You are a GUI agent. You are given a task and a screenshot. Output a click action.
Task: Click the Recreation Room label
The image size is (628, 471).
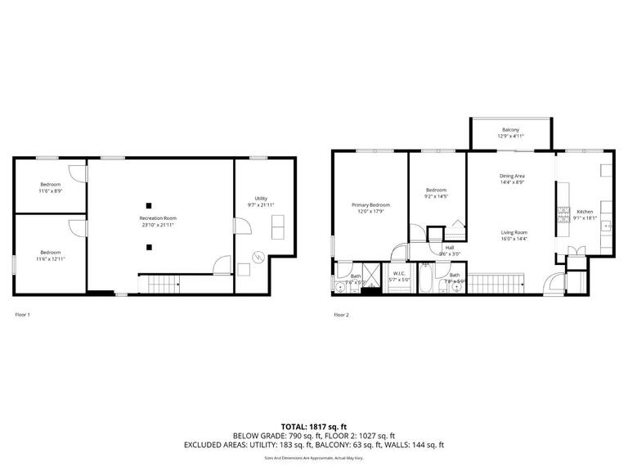pos(158,218)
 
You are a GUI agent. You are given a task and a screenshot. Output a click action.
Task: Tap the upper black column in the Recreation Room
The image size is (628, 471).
pos(149,204)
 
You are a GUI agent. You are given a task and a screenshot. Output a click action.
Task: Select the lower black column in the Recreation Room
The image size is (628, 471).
pos(149,246)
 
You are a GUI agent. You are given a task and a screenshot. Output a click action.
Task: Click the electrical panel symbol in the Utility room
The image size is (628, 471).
pos(258,257)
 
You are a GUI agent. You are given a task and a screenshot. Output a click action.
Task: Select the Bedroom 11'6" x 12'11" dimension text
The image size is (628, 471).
pos(51,258)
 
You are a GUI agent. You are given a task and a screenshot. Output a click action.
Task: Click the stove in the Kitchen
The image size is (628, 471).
pos(563,215)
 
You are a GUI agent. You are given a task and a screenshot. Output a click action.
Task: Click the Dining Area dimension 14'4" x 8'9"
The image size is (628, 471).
pos(513,182)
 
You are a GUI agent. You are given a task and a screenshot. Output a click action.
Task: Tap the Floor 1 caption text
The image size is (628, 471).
pos(23,314)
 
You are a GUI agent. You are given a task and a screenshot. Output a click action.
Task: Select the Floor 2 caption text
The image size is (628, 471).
pos(341,314)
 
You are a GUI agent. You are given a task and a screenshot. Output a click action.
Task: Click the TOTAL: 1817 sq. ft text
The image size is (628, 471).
pos(314,426)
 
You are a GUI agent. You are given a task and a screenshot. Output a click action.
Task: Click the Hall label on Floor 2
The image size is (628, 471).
pos(449,247)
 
